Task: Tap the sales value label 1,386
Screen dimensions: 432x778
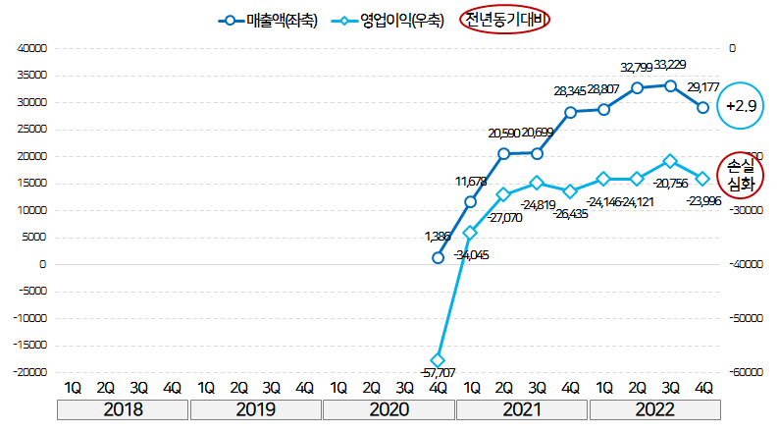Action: tap(440, 237)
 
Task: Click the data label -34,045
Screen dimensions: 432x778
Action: tap(472, 255)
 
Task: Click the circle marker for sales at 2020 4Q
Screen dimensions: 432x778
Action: tap(438, 257)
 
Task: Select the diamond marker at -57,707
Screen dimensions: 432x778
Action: tap(438, 360)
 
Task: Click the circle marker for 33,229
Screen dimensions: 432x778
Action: tap(670, 85)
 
